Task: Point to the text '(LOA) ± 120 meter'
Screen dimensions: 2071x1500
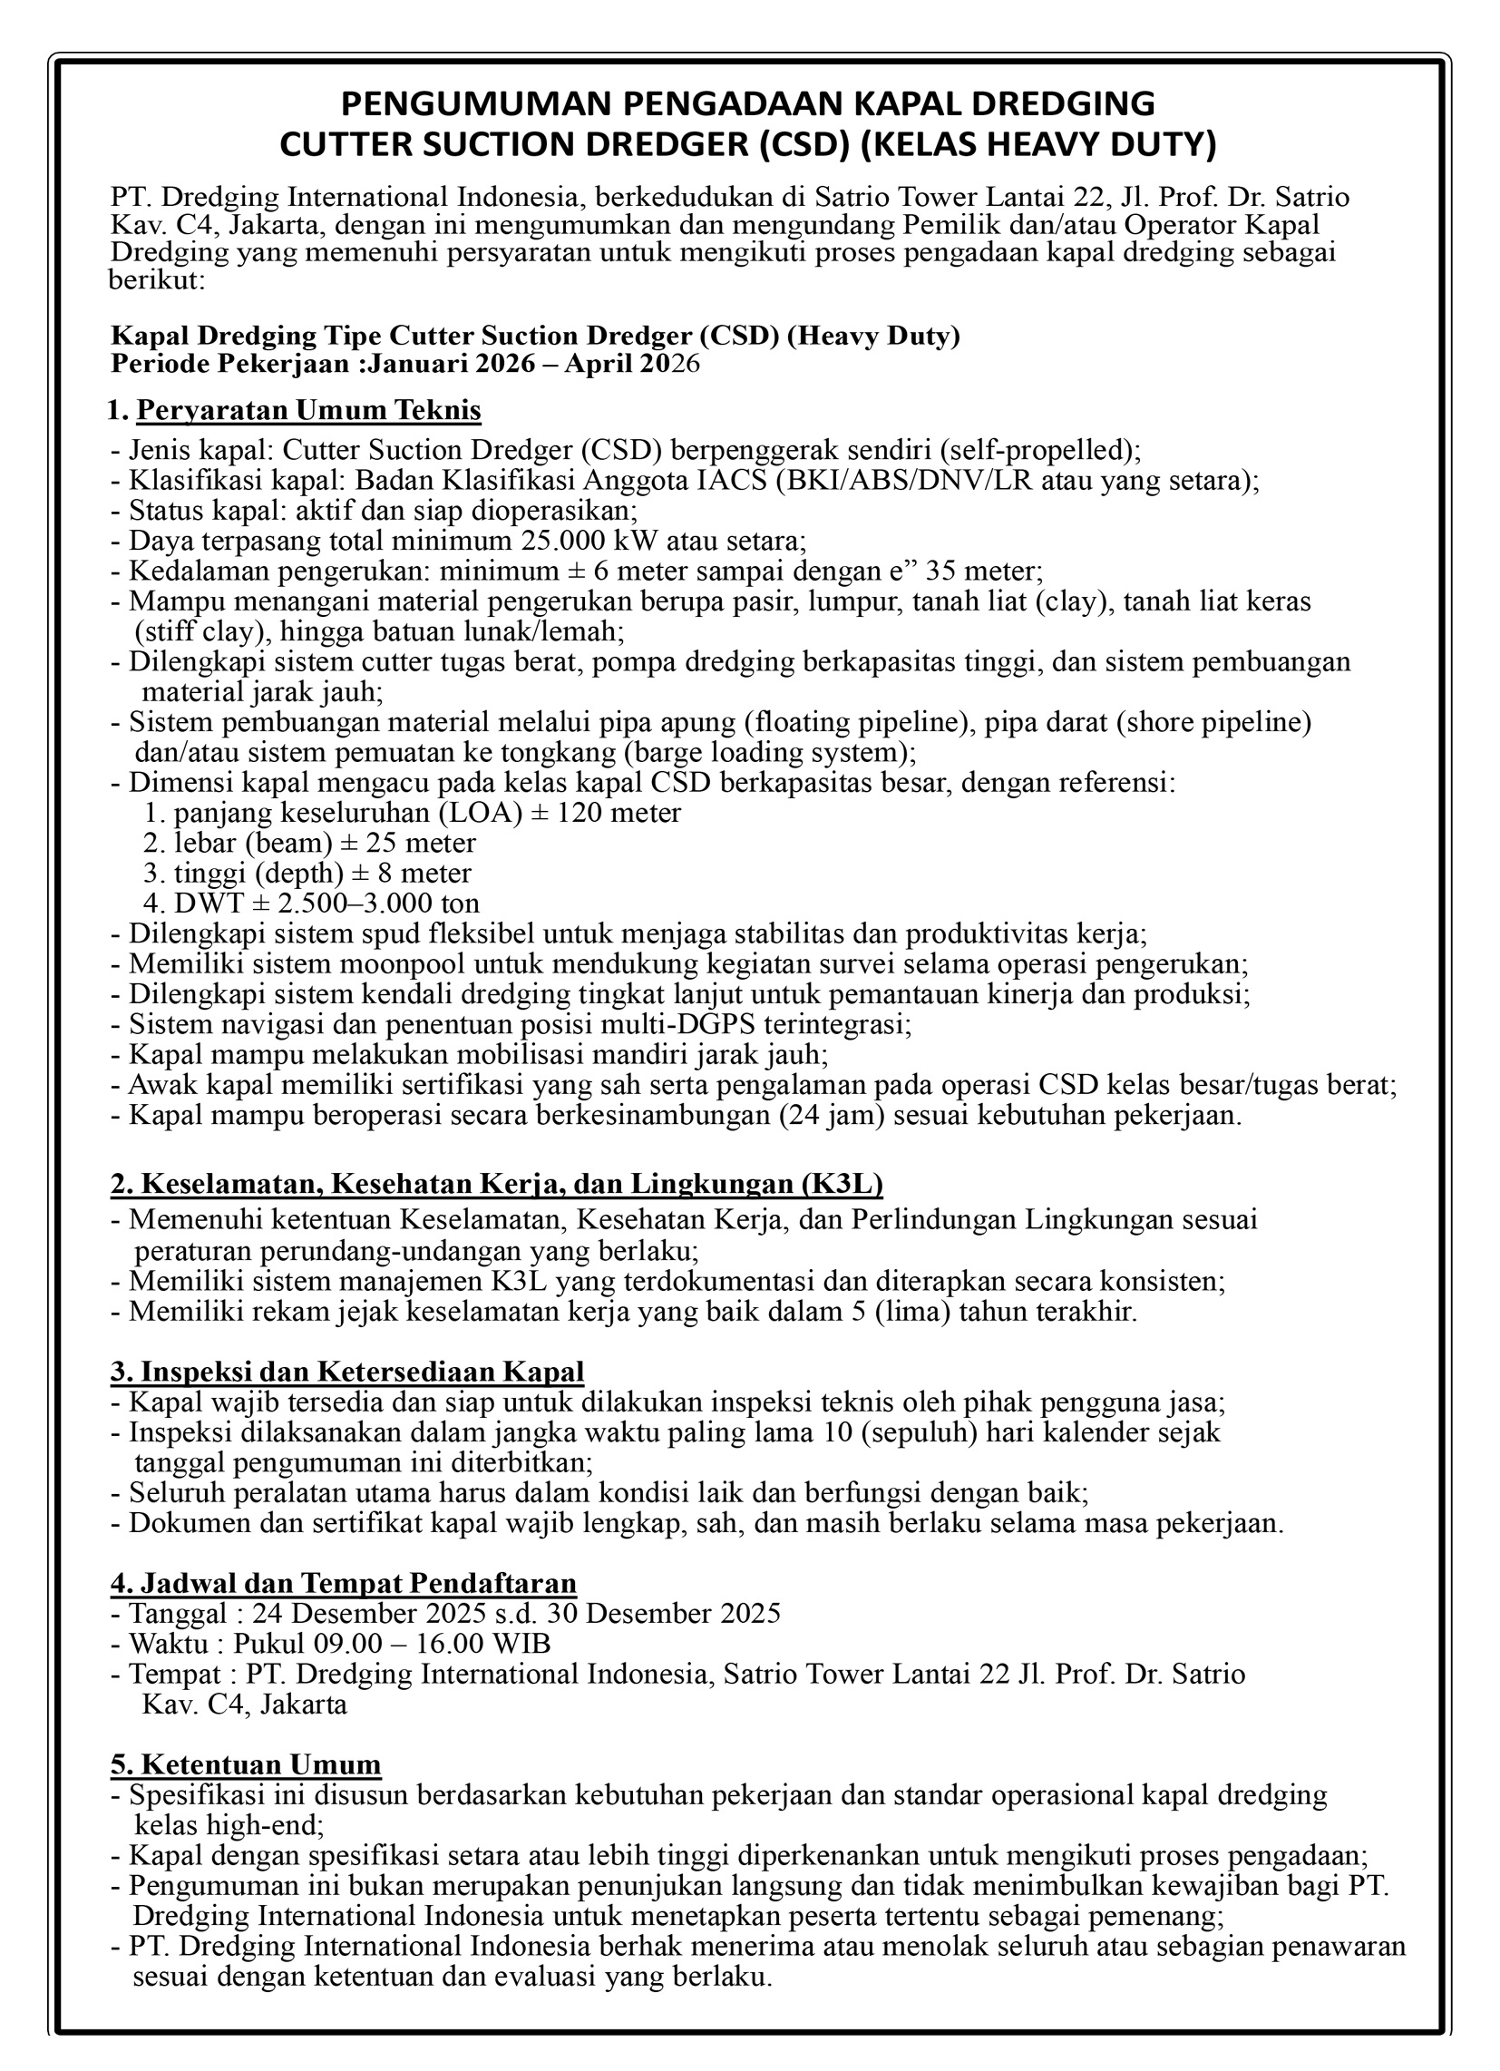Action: (x=558, y=812)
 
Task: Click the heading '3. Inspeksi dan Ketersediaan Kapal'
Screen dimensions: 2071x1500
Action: (x=347, y=1372)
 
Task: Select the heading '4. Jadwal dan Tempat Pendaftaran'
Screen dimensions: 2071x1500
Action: (x=344, y=1582)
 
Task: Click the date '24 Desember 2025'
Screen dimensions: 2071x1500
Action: (x=369, y=1613)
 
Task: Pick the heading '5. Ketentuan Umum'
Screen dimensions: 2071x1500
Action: (x=246, y=1763)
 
